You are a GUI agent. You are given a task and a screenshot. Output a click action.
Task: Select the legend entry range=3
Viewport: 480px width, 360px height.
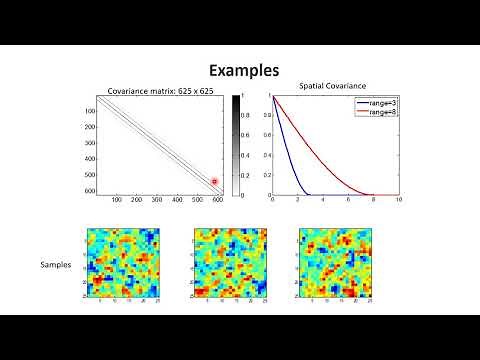click(x=376, y=103)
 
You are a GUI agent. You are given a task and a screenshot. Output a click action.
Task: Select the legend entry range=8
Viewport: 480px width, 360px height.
click(x=376, y=112)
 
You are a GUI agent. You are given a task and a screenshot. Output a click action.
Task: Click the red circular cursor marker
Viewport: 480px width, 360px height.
click(x=214, y=182)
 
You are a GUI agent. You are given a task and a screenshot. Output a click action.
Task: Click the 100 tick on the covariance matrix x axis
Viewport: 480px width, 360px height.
click(x=117, y=201)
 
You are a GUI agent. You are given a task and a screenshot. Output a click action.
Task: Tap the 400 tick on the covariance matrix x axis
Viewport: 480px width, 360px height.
click(x=178, y=201)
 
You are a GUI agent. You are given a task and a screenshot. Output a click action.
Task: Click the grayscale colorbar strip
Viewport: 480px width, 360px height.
click(x=236, y=145)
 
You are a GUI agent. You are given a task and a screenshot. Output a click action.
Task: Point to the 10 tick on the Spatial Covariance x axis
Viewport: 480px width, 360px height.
click(x=399, y=200)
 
